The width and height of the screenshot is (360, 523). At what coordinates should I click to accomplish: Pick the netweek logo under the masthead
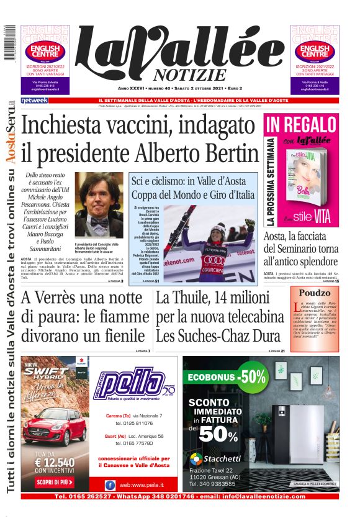34,100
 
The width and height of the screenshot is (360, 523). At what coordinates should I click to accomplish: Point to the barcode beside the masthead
7,43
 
